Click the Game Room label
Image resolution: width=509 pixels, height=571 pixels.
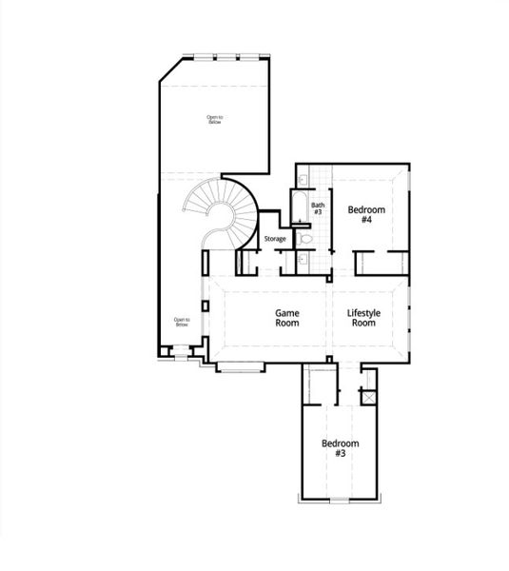click(x=287, y=317)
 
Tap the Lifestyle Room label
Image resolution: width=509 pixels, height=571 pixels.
click(x=363, y=317)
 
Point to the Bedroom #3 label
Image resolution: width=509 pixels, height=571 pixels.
click(x=340, y=448)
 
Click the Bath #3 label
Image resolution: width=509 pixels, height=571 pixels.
click(x=318, y=207)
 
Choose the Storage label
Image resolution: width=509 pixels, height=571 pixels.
click(x=275, y=238)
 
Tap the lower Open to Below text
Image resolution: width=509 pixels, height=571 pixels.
click(x=181, y=322)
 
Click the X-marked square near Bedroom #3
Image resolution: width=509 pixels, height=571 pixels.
click(x=369, y=396)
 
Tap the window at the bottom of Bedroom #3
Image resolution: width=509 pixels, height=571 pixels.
click(x=340, y=499)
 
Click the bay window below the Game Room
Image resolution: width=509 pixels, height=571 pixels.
click(x=242, y=365)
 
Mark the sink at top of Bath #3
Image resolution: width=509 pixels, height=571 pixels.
click(x=302, y=179)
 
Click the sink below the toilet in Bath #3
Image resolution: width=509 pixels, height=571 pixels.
click(x=301, y=257)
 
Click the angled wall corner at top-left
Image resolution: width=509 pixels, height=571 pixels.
click(x=169, y=69)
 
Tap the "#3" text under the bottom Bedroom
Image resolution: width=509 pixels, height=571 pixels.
click(x=340, y=454)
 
